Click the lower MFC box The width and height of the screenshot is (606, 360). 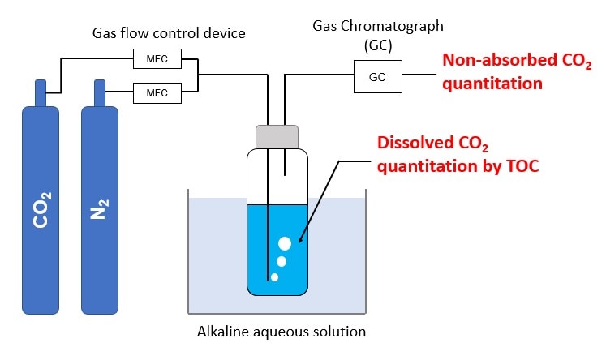[157, 92]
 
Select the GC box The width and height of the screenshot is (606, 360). [378, 79]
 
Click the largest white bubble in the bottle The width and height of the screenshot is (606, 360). [285, 243]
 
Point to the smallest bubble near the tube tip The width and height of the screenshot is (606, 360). [274, 277]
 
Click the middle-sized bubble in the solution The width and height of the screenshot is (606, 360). [281, 261]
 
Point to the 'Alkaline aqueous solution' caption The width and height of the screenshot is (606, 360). [282, 332]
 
